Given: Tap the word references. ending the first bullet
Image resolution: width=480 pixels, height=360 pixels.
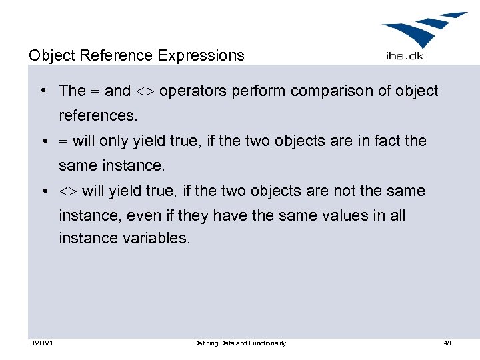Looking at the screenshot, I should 98,115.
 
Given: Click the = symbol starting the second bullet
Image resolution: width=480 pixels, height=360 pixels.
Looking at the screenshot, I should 63,141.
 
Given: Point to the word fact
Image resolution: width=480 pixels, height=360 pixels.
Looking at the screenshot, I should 386,141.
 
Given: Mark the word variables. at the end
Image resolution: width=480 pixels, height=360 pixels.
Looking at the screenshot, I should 157,239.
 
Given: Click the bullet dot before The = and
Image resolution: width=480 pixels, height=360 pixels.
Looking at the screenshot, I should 42,91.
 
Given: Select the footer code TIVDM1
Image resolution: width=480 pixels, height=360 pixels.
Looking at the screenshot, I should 41,343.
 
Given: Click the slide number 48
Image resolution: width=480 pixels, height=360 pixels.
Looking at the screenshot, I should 447,343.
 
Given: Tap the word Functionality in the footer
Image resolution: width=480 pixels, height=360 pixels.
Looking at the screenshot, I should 266,343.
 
